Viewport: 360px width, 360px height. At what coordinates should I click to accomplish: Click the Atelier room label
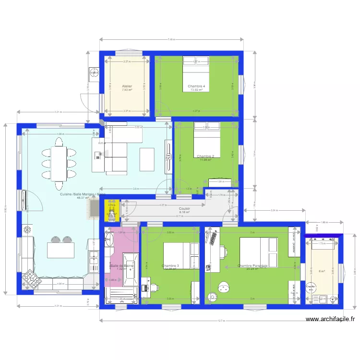[127, 86]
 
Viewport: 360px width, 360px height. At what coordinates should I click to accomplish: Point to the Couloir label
[184, 209]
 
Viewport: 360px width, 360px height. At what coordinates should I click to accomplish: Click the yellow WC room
[111, 211]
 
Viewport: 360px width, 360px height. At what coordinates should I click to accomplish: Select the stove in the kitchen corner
[31, 279]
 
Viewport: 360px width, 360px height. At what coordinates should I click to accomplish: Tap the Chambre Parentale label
[252, 265]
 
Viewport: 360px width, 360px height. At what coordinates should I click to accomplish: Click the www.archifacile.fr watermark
[330, 319]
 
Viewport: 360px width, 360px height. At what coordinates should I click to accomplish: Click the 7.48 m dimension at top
[171, 40]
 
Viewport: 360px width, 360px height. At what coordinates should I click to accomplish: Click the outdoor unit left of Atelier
[93, 74]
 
